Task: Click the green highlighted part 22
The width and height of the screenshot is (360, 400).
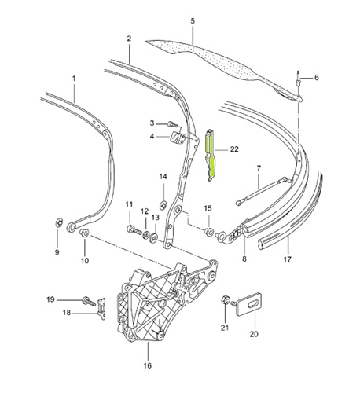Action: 210,155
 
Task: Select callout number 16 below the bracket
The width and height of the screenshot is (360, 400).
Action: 148,365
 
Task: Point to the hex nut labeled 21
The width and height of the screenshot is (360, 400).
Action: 226,300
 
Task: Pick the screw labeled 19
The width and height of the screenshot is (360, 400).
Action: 88,301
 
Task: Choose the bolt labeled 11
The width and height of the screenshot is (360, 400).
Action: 134,229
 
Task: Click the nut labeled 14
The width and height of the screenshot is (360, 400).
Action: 163,204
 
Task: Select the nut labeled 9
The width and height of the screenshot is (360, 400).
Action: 59,222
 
